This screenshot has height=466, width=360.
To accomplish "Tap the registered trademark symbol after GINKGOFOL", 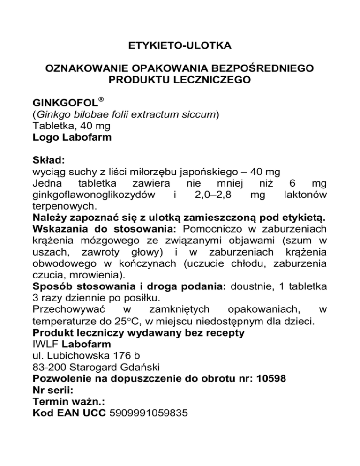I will point(100,100).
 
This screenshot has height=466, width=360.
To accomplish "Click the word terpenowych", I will point(62,206).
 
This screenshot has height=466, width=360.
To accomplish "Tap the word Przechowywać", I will point(70,309).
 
